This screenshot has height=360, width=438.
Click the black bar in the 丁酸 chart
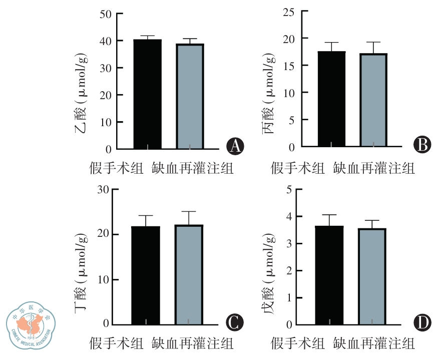click(146, 275)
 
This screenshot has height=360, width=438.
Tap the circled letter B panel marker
click(421, 145)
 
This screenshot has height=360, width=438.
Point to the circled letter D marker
click(421, 321)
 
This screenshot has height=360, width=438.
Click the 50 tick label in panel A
click(106, 14)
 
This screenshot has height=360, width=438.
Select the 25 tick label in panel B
click(289, 12)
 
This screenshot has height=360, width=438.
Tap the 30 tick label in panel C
click(104, 190)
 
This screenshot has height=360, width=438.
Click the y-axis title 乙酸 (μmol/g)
click(83, 95)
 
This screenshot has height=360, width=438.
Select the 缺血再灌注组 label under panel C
click(193, 344)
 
